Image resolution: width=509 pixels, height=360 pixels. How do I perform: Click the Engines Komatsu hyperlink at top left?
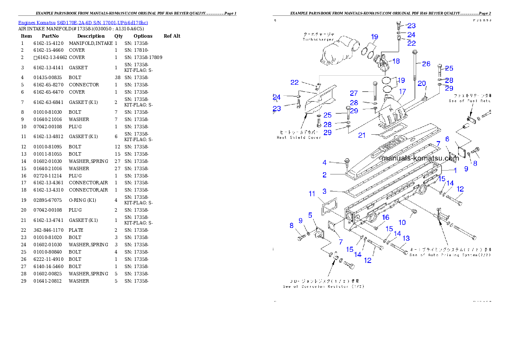coord(83,23)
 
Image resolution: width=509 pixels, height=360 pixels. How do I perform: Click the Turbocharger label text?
coord(318,39)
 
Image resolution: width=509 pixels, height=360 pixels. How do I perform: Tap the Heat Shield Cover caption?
coord(299,138)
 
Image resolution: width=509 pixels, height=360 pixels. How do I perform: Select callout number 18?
coord(396,61)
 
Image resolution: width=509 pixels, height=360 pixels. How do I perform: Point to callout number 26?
coord(426,64)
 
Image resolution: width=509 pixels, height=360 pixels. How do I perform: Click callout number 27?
coord(354,93)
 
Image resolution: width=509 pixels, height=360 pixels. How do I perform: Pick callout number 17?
coord(402,91)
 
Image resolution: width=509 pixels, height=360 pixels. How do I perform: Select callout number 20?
coord(422,83)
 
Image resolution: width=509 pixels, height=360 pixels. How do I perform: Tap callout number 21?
coord(362,135)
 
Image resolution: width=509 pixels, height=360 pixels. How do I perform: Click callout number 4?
coord(325,162)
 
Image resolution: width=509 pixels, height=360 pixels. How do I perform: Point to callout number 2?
coord(325,175)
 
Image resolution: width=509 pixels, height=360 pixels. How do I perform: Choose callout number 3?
coord(325,191)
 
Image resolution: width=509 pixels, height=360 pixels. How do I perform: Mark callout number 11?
coord(312,194)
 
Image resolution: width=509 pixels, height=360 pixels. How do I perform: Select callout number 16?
coord(385,217)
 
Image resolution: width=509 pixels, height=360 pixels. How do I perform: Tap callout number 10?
coord(402,222)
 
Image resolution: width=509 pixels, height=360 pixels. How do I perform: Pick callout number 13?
coord(406,238)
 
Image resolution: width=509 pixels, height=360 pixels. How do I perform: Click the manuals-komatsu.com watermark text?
coord(420,158)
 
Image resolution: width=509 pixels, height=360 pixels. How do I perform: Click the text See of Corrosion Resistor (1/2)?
coord(323,286)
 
